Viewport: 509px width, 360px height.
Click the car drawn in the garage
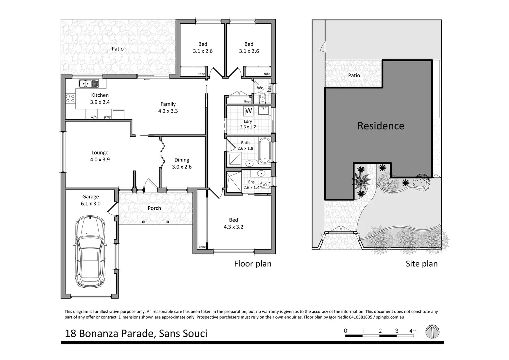click(x=90, y=252)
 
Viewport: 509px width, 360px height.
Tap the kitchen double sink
click(x=89, y=83)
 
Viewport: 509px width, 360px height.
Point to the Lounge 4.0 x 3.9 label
click(x=100, y=156)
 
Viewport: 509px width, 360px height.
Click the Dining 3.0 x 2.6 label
click(x=182, y=163)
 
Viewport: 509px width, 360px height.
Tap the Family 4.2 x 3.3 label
click(x=168, y=107)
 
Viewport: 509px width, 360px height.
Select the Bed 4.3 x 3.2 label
click(x=233, y=223)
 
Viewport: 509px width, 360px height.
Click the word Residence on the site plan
click(x=381, y=126)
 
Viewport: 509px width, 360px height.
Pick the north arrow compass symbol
click(x=432, y=332)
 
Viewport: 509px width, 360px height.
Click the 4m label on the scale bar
click(x=413, y=331)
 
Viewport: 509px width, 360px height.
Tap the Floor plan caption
click(x=252, y=264)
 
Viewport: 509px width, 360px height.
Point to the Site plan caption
click(x=421, y=264)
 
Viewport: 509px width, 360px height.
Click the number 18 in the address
click(x=70, y=333)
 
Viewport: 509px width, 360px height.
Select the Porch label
click(x=154, y=208)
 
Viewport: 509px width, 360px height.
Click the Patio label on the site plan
click(x=354, y=75)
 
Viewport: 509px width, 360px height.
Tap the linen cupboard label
click(x=247, y=101)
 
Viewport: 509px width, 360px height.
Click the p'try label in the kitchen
click(x=107, y=117)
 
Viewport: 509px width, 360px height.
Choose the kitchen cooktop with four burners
click(x=70, y=98)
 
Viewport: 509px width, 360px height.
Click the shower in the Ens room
click(x=233, y=182)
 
